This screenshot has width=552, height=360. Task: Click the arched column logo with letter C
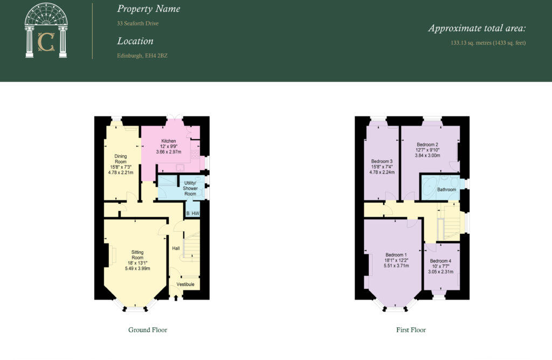(x=46, y=31)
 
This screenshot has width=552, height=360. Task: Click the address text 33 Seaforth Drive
(x=138, y=24)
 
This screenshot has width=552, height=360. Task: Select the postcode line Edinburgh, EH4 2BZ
(x=142, y=56)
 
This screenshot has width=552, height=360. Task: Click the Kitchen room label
(x=169, y=141)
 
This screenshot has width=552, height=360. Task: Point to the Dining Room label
(x=120, y=159)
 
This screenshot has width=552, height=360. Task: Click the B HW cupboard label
(x=192, y=214)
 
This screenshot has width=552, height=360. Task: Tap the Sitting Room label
(x=137, y=255)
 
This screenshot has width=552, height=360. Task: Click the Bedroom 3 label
(x=382, y=161)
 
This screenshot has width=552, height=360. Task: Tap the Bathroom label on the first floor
(x=447, y=190)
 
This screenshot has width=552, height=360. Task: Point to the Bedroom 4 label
(x=440, y=261)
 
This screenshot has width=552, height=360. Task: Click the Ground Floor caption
(x=148, y=330)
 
